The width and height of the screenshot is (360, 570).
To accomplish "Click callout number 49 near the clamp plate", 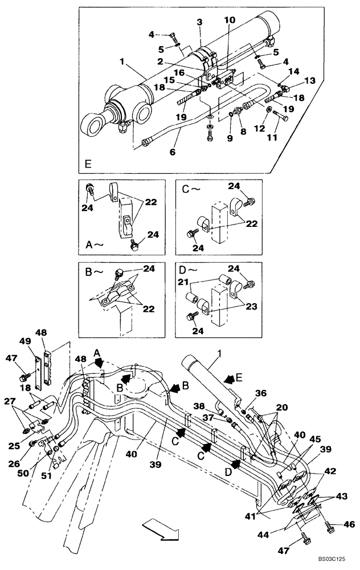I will coord(23,342).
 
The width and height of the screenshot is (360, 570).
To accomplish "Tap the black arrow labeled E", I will coord(229,378).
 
